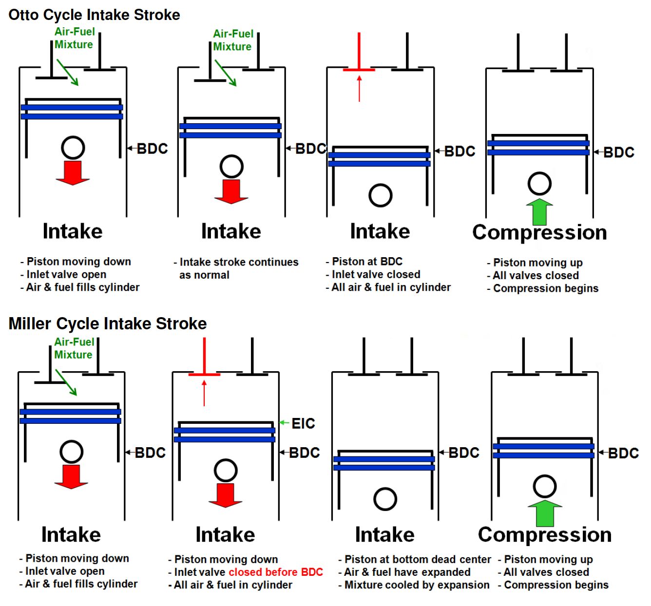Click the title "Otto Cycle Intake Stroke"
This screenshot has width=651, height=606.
point(94,15)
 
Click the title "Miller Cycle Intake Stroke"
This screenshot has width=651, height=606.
point(108,323)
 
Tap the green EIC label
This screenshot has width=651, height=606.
point(303,423)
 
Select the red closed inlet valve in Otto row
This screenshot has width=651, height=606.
point(359,69)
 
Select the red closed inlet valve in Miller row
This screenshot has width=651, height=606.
point(204,374)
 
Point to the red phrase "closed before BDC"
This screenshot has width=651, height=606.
point(275,572)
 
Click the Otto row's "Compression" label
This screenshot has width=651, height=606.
point(539,232)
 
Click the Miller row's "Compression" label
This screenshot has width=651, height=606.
point(544,534)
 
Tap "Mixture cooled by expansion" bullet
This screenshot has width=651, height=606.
point(417,585)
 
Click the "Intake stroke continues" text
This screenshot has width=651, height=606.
point(239,262)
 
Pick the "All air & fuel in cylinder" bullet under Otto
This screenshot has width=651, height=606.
point(391,287)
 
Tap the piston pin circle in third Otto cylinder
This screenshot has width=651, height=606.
point(381,195)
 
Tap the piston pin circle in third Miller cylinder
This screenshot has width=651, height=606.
point(385,499)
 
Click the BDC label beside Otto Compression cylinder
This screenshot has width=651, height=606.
point(618,152)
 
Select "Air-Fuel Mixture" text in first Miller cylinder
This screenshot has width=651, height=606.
point(74,348)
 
